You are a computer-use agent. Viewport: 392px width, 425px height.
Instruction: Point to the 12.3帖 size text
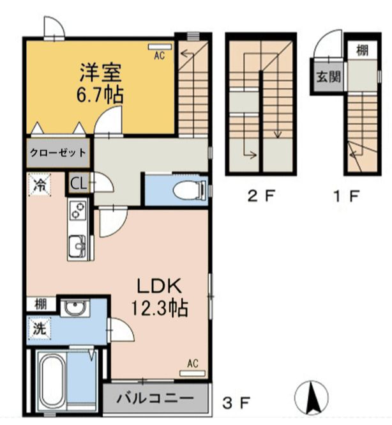160,309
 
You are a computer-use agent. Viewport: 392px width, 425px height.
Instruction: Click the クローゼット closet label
57,153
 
